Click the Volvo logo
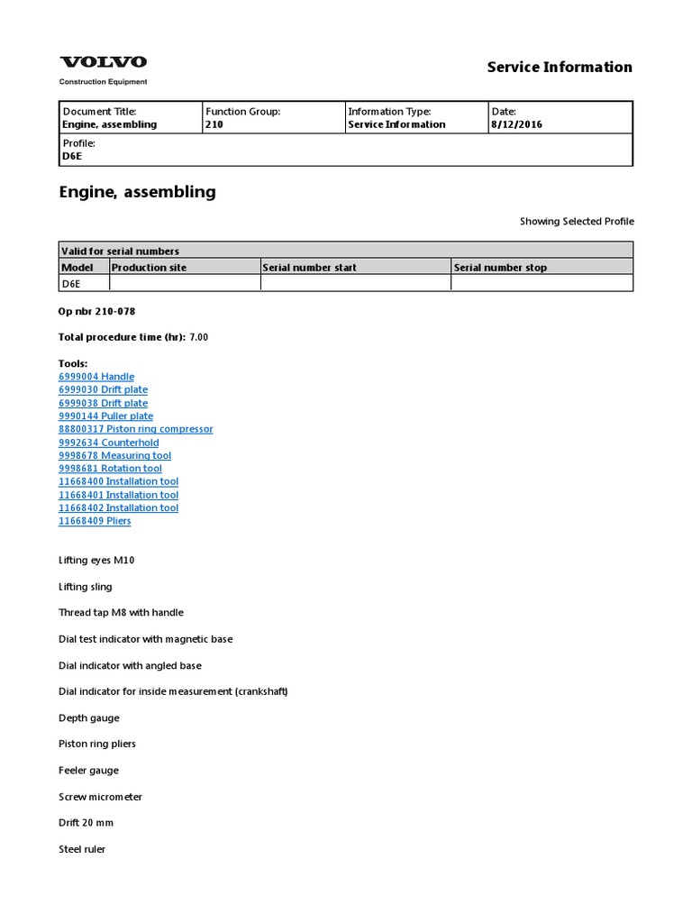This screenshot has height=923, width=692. click(x=103, y=62)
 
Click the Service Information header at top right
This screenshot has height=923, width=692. click(x=560, y=67)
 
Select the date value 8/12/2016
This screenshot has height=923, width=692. click(x=516, y=124)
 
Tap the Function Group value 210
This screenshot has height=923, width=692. click(x=214, y=124)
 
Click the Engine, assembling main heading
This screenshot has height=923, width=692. click(x=137, y=192)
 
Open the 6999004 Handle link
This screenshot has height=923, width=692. click(x=96, y=377)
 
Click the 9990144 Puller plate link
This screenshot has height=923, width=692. click(x=105, y=416)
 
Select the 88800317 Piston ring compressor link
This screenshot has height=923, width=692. click(x=135, y=429)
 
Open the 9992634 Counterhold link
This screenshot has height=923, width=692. click(x=108, y=443)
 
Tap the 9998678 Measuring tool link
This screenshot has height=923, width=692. click(x=114, y=456)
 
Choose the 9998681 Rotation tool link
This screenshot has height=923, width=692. click(x=110, y=469)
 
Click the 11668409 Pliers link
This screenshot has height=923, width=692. click(x=95, y=521)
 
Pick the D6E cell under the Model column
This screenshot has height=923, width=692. click(x=70, y=284)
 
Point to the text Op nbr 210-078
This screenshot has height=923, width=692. click(x=97, y=311)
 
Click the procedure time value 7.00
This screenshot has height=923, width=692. click(x=198, y=337)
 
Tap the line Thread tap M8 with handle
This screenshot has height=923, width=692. click(x=121, y=613)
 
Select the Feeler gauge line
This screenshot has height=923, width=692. click(x=88, y=771)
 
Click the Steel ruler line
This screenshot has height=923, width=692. click(x=82, y=849)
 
